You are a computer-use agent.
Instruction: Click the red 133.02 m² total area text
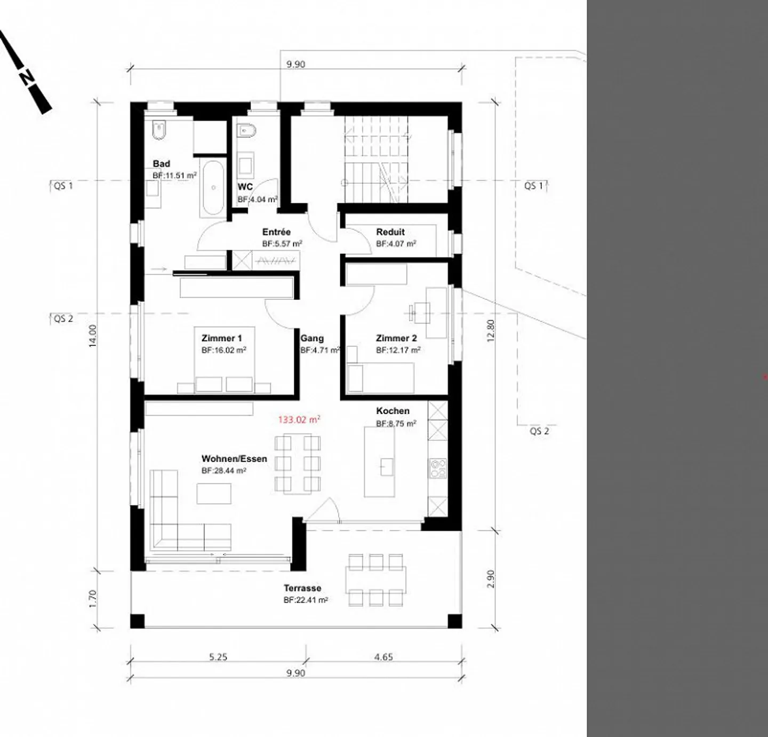[x=299, y=420]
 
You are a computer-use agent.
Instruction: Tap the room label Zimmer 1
[x=221, y=338]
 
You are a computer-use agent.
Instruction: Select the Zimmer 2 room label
[x=396, y=338]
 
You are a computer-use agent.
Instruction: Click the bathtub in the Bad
[x=213, y=188]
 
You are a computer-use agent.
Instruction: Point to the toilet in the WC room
[x=246, y=130]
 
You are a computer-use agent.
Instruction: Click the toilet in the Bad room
[x=159, y=130]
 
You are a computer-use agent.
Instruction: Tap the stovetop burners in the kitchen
[x=438, y=469]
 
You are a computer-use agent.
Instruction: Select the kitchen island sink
[x=387, y=466]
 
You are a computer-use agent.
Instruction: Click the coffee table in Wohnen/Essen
[x=214, y=494]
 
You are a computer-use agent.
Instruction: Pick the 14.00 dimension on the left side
[x=93, y=336]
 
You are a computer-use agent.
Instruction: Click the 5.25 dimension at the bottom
[x=218, y=657]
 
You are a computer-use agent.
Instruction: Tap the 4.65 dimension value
[x=383, y=657]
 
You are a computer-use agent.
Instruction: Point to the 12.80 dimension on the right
[x=491, y=330]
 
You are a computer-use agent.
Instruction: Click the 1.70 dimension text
[x=93, y=599]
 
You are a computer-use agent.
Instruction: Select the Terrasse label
[x=302, y=588]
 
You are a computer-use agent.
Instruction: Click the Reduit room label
[x=390, y=232]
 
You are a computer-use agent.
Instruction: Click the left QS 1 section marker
[x=63, y=186]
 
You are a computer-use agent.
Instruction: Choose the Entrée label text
[x=276, y=232]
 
